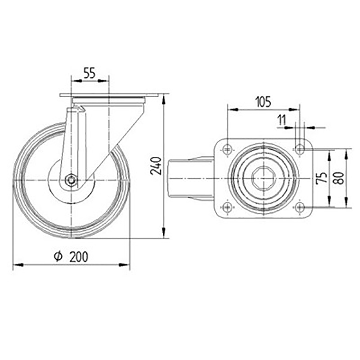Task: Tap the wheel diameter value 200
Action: [79, 257]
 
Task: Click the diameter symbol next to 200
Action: [58, 257]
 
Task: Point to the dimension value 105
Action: [263, 102]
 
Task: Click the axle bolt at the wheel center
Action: [71, 180]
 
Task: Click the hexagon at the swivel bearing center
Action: [264, 178]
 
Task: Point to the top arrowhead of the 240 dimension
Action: [164, 98]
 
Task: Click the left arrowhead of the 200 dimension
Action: [16, 264]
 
